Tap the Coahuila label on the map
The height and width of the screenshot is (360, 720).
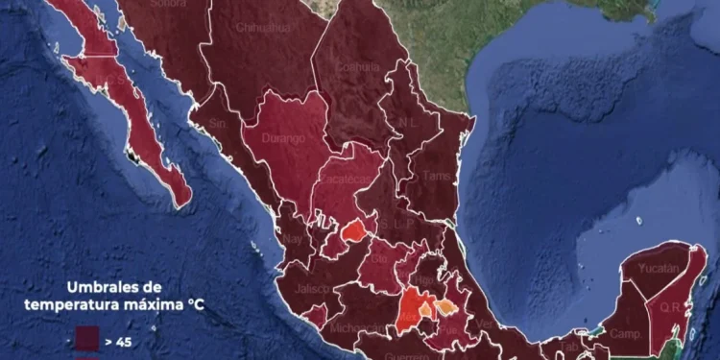[357, 66]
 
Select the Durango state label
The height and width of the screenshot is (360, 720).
[285, 138]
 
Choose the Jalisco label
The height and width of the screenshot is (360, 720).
[313, 288]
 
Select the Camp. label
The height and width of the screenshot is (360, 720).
[626, 334]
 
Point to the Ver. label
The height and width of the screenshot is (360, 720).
[487, 324]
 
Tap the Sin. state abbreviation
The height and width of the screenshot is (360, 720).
[216, 124]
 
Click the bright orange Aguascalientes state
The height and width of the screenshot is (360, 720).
[354, 230]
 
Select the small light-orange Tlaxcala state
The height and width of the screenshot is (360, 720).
[445, 307]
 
